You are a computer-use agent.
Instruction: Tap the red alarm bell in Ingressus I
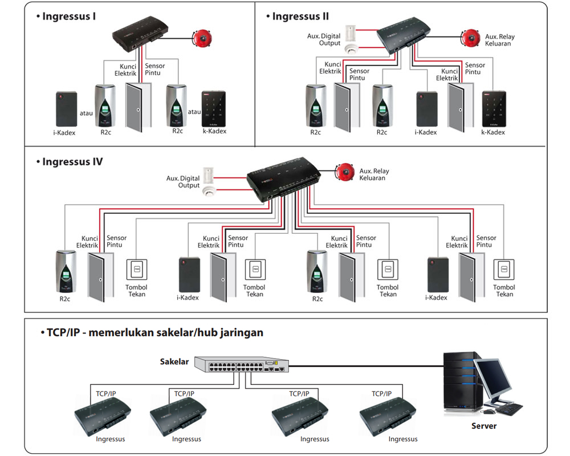pyautogui.click(x=202, y=38)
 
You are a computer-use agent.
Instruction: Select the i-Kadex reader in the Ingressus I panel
pyautogui.click(x=67, y=109)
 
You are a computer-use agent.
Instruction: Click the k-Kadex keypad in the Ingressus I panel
pyautogui.click(x=214, y=109)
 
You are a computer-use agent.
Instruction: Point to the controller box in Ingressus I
pyautogui.click(x=140, y=34)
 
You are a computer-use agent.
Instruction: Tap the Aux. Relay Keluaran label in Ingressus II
pyautogui.click(x=500, y=40)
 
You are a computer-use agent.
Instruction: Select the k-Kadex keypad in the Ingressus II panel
pyautogui.click(x=494, y=109)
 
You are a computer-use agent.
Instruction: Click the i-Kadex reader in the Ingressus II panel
pyautogui.click(x=427, y=109)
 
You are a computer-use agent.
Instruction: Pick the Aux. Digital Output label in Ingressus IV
pyautogui.click(x=183, y=182)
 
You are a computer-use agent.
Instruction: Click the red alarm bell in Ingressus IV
pyautogui.click(x=345, y=172)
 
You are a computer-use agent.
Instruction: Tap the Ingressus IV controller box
pyautogui.click(x=283, y=179)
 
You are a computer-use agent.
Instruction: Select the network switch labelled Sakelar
pyautogui.click(x=241, y=364)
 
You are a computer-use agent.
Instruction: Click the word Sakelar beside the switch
pyautogui.click(x=174, y=361)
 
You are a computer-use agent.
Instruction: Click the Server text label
pyautogui.click(x=484, y=426)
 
